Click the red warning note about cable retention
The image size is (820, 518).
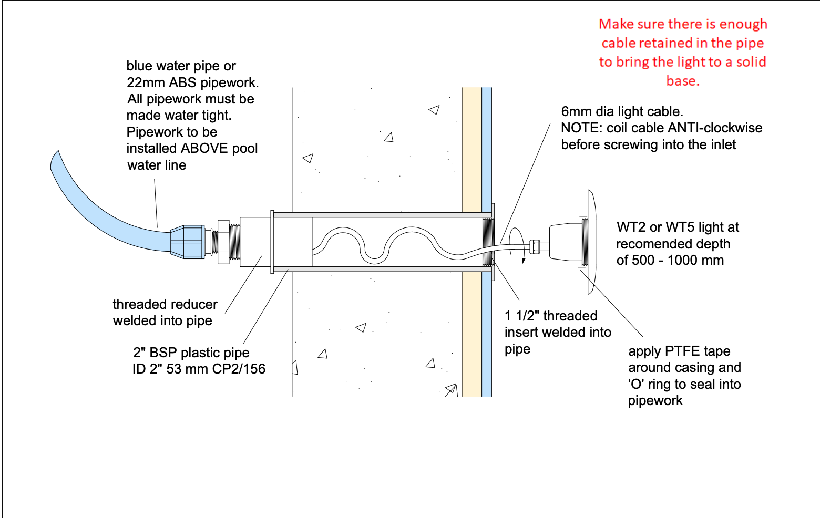click(x=682, y=52)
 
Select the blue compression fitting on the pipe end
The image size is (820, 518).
click(x=187, y=242)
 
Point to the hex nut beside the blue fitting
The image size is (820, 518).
click(x=223, y=242)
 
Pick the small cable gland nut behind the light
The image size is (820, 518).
click(x=535, y=246)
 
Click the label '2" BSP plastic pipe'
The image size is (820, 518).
click(x=191, y=353)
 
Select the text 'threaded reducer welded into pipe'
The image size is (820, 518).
click(x=165, y=313)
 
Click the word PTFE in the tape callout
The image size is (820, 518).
click(x=682, y=351)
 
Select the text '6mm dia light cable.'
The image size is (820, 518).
click(x=622, y=111)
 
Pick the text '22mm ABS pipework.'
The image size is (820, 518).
click(x=192, y=82)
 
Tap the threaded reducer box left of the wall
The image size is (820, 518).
click(x=255, y=242)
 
